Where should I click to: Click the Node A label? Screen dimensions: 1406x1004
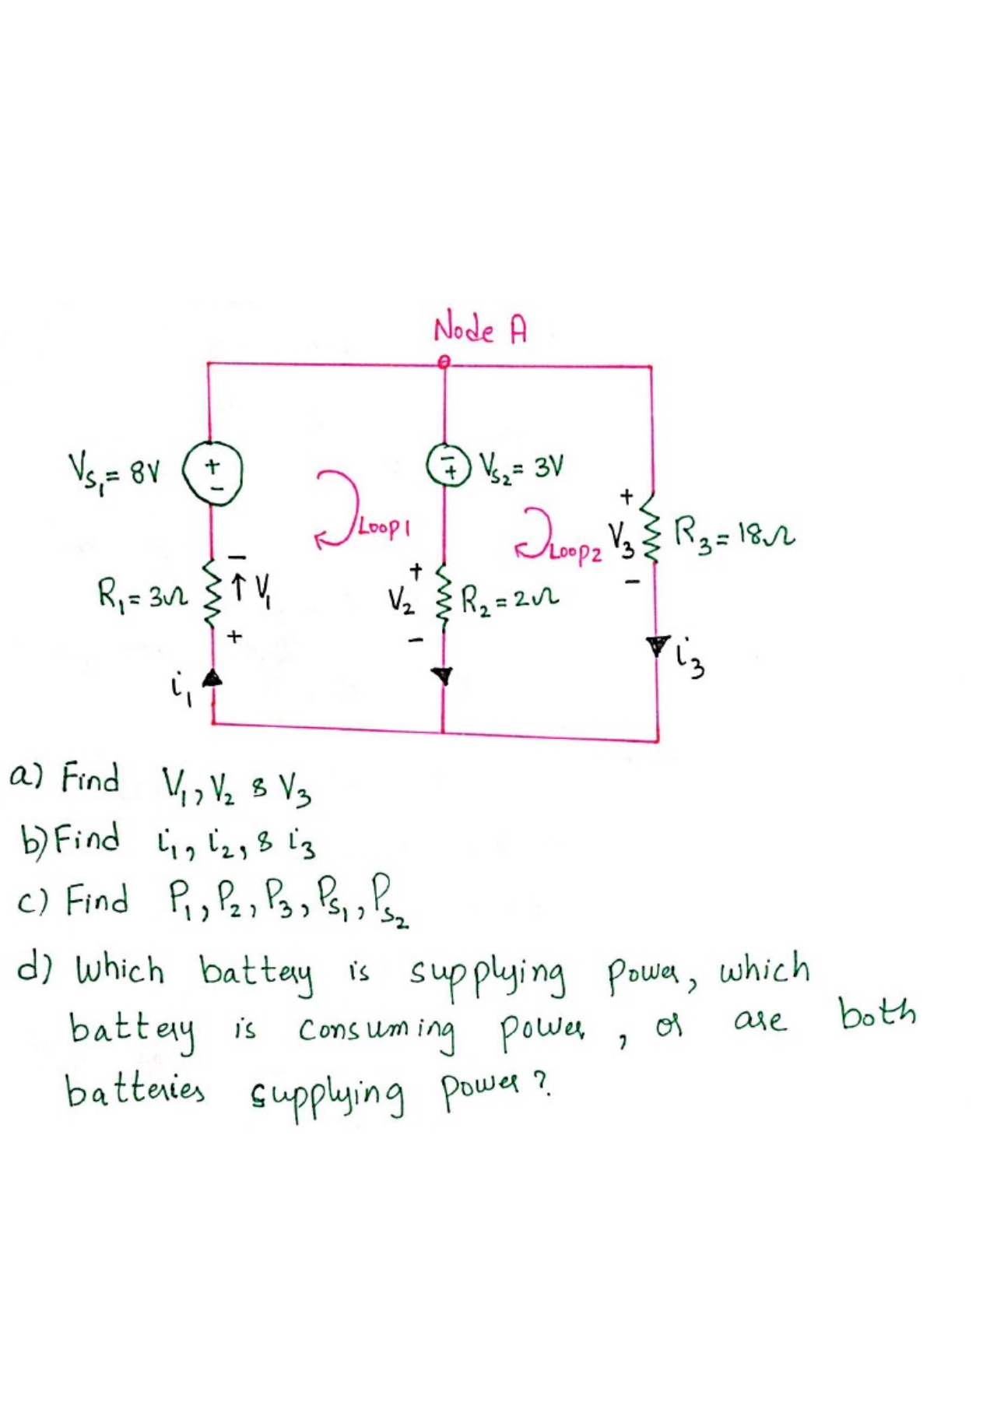[479, 330]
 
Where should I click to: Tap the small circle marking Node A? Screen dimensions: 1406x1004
[444, 362]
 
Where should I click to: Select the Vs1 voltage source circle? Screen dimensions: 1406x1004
[212, 474]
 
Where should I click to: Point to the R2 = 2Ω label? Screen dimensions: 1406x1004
[510, 599]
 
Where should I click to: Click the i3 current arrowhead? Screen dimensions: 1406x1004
[658, 644]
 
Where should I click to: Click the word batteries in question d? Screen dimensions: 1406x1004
[134, 1090]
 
